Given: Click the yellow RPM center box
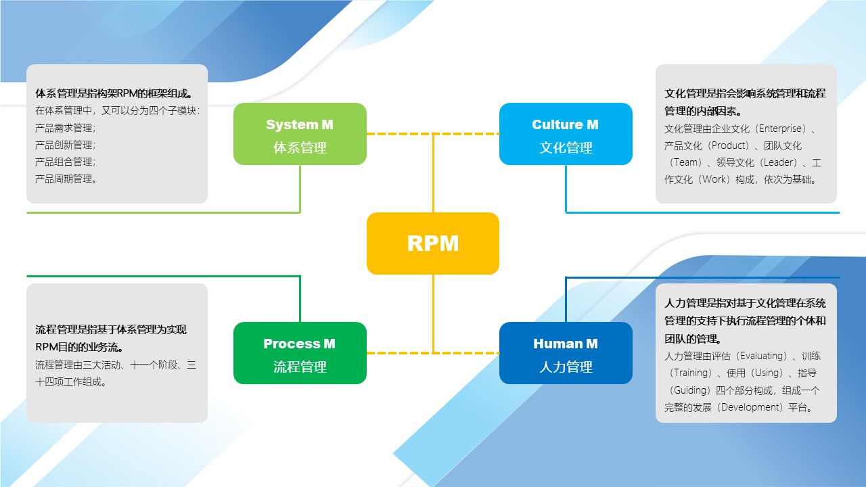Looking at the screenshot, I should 433,243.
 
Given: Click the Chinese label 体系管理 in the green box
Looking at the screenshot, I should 300,147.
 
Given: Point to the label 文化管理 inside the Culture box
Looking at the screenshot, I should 566,147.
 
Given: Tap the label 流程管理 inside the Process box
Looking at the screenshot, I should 300,367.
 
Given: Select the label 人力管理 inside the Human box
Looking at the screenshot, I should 566,367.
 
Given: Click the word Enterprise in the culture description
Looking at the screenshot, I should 782,129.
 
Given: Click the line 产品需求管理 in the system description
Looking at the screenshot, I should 65,128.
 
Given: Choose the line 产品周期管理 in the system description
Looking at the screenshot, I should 65,179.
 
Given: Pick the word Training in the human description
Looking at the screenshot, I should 693,373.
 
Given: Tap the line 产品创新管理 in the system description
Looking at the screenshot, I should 65,145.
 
